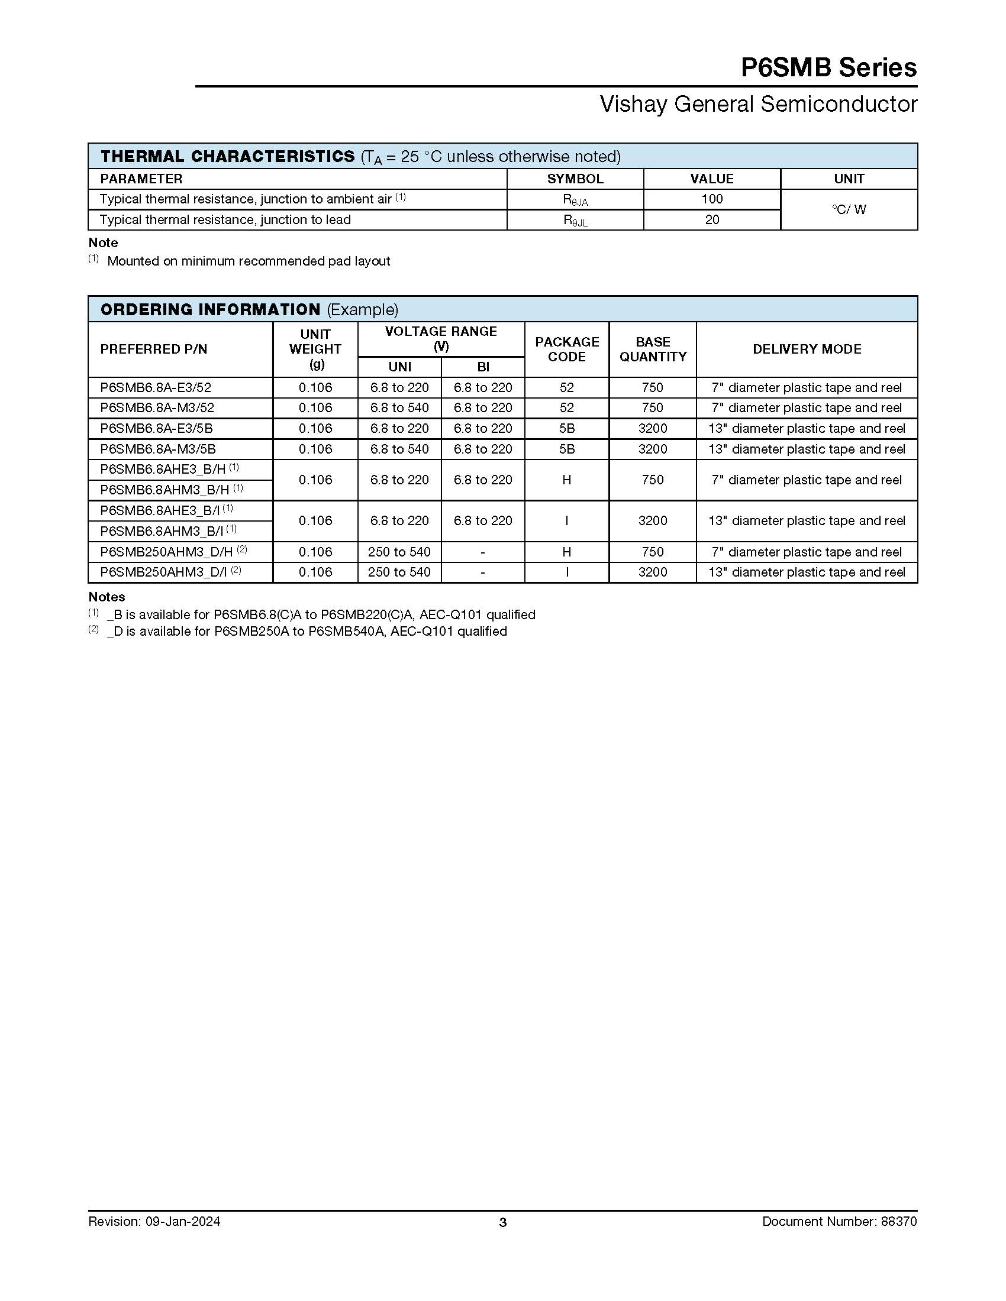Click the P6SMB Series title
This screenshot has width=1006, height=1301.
pos(828,67)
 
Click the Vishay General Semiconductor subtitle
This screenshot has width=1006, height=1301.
pos(758,104)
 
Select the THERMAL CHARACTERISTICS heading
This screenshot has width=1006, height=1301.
pos(228,156)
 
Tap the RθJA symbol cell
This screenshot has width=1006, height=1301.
pos(575,200)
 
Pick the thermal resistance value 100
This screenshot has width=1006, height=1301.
pos(711,199)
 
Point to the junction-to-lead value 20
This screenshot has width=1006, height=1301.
pos(711,220)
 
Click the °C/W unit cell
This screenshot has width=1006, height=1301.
pos(849,210)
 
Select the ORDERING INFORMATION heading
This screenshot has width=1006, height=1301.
pos(211,309)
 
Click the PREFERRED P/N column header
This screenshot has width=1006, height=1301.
pos(154,349)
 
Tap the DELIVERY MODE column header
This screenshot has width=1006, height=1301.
pos(807,349)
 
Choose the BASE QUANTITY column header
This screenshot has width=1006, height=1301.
pos(653,349)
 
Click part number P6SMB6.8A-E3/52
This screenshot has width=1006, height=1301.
pos(156,388)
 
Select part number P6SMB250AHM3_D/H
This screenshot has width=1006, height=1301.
pos(166,552)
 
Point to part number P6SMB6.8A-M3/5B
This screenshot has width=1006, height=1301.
pos(158,449)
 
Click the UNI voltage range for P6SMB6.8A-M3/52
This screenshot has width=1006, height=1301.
pos(399,408)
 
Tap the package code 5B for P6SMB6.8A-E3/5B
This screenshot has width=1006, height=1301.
pos(566,429)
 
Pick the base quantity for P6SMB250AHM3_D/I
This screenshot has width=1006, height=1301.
pos(653,572)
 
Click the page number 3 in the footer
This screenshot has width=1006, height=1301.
pos(502,1223)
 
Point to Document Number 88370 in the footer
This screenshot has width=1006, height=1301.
pos(839,1222)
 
